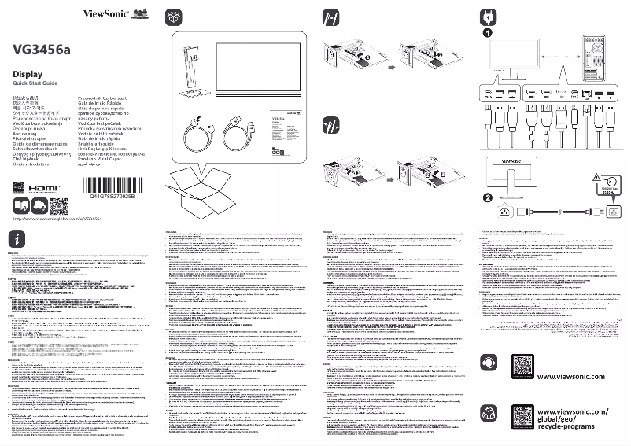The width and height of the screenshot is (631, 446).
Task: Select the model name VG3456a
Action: coord(42,50)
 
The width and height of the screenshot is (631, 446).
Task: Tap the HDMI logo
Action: coord(43,190)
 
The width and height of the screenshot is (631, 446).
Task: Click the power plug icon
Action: coord(486,17)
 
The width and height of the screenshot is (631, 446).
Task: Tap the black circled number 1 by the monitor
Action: coord(487,35)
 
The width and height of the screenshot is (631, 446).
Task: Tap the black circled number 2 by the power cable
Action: coord(487,197)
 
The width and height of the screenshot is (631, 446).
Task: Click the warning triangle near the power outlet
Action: coord(605,179)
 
